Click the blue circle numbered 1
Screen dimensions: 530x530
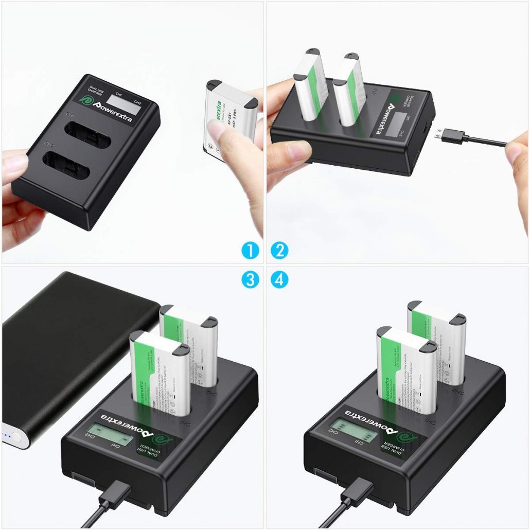click(x=250, y=251)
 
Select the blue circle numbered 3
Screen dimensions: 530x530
click(x=250, y=280)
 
